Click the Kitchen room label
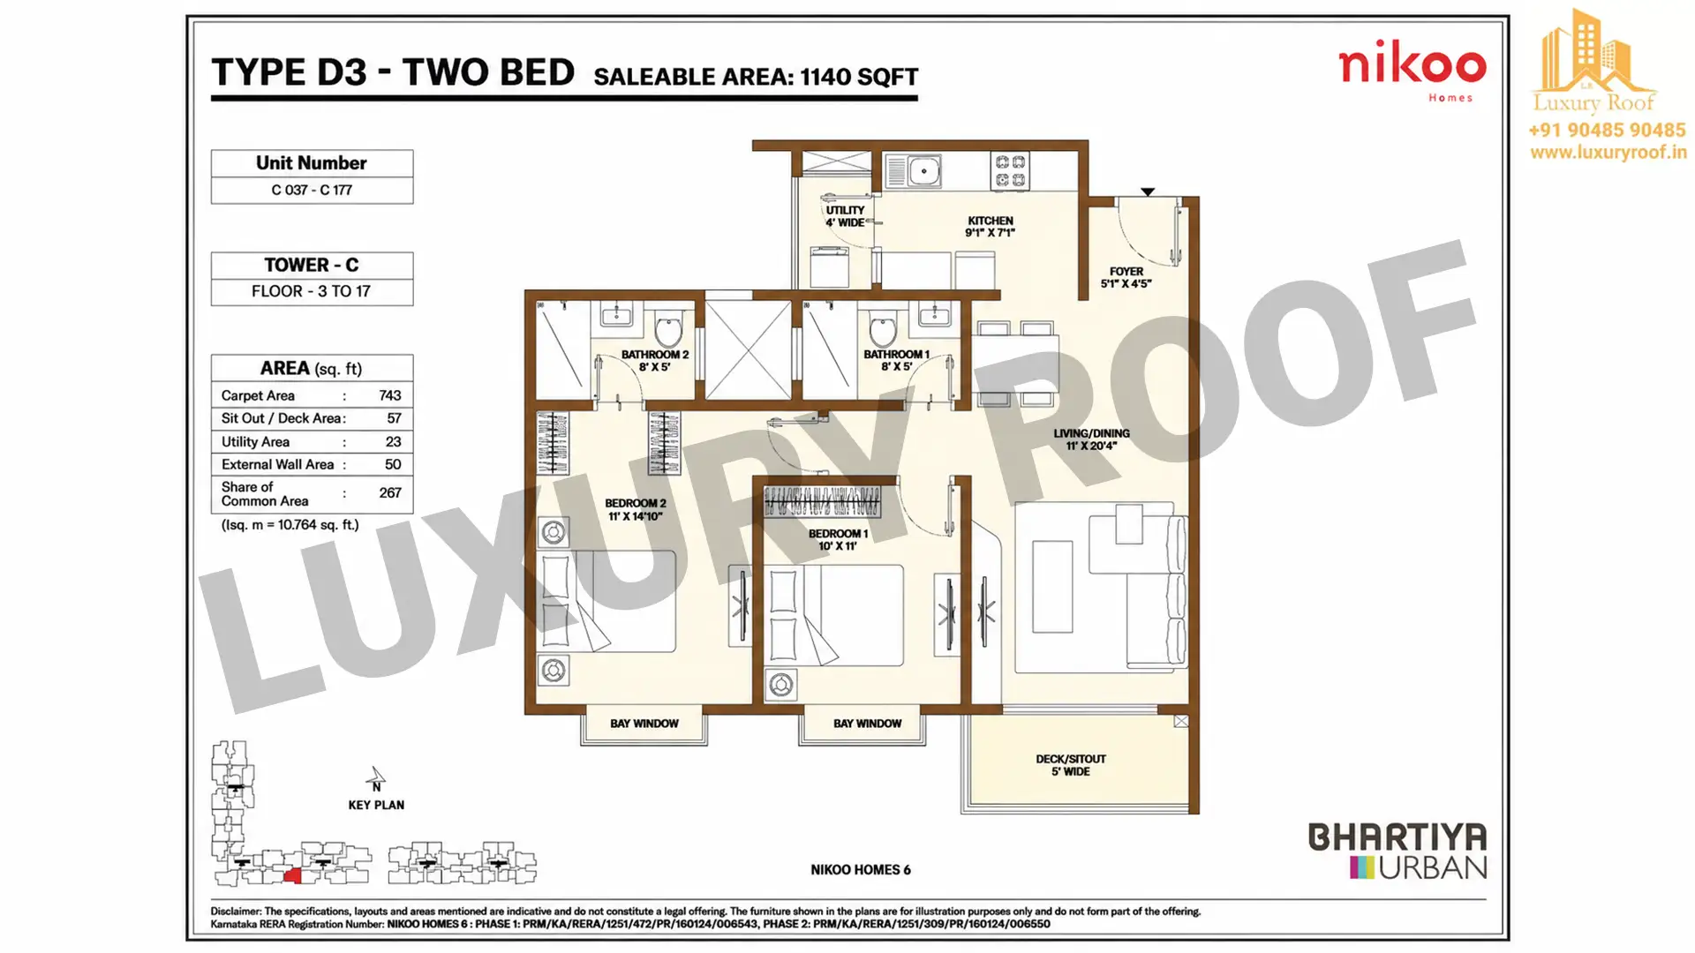pos(990,227)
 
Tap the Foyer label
pos(1126,278)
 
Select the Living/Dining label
pos(1091,439)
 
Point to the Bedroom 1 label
pos(838,540)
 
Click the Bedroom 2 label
pos(636,510)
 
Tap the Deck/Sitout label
pos(1071,765)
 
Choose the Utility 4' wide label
pos(845,216)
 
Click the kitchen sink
pos(913,171)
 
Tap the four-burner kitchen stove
pos(1010,171)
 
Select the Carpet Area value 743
pos(389,395)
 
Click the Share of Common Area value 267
pos(389,493)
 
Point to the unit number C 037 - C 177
pos(312,190)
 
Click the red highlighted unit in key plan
pos(293,875)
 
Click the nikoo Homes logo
pos(1412,74)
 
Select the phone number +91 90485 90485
pos(1607,131)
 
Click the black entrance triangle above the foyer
pos(1148,191)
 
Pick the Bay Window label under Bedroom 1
pos(867,724)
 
